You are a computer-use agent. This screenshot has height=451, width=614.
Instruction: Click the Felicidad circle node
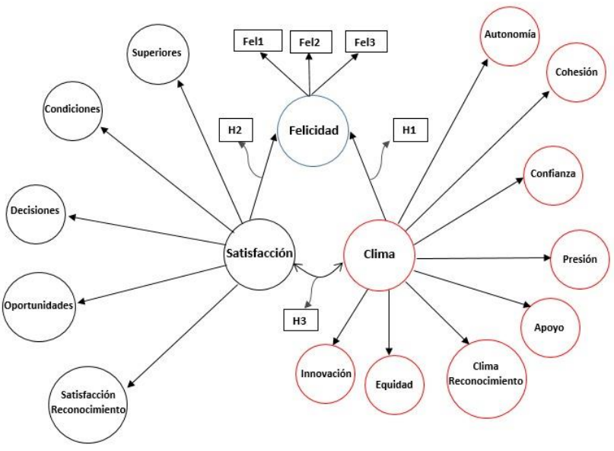[x=313, y=130]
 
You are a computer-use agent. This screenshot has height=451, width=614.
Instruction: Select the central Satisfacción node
[x=259, y=254]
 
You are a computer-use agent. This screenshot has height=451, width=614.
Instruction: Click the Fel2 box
[x=310, y=43]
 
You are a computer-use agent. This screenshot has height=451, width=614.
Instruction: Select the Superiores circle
[x=158, y=53]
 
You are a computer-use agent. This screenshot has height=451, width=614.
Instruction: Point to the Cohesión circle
[x=576, y=72]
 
